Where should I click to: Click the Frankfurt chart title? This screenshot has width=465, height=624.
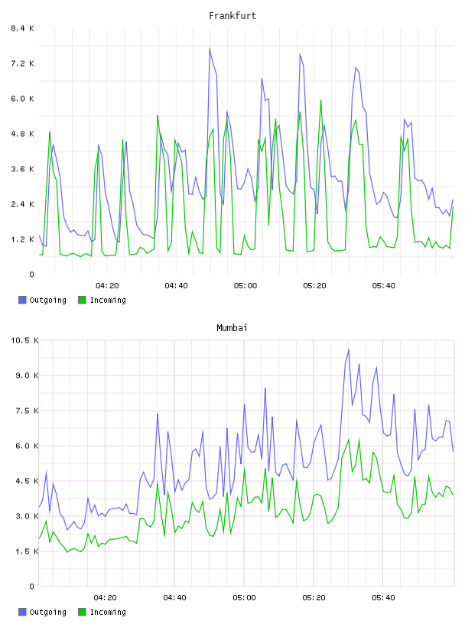232,16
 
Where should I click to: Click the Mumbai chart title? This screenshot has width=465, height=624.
232,328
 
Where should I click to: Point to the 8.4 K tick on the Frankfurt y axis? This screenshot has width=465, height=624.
22,28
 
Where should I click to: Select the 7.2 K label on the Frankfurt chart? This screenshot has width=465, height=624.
22,63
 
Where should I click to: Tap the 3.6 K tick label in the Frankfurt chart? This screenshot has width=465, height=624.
22,169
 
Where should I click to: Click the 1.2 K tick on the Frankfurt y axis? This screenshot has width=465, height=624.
22,239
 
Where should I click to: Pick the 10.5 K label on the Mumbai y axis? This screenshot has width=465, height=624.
24,340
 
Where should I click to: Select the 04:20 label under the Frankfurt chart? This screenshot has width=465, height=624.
107,285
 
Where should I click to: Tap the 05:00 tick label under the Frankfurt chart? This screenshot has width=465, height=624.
246,285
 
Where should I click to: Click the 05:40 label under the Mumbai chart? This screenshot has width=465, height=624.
383,597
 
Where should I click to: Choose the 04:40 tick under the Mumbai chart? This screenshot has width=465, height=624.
175,597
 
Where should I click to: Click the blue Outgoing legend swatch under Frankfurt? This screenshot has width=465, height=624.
22,300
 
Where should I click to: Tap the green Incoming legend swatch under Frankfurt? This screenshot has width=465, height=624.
82,300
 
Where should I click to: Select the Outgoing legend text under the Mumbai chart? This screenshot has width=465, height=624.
47,612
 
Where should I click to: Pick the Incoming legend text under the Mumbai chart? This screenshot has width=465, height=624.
108,612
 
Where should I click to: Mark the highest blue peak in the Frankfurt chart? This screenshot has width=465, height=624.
210,48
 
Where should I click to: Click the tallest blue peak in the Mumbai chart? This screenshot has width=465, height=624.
349,349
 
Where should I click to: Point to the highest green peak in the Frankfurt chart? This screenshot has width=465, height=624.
321,100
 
